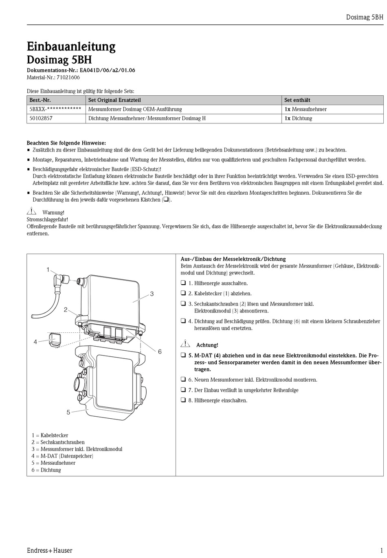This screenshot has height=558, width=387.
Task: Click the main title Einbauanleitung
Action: pos(71,46)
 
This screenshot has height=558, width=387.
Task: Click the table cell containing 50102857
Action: pos(41,119)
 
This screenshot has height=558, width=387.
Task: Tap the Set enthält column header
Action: pos(297,100)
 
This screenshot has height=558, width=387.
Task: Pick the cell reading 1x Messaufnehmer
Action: pos(305,109)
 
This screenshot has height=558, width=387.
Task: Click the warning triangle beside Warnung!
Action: pos(31,211)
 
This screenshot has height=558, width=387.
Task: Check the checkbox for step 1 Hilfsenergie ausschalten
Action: pos(183,283)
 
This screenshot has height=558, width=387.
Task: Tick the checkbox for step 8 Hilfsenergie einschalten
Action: pos(183,400)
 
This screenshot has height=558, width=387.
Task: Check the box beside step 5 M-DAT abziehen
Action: pos(183,355)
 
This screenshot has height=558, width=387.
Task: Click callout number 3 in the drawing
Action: pos(152,294)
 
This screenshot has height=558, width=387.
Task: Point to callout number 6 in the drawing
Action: pos(160,351)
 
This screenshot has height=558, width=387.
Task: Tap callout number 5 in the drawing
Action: pos(68,412)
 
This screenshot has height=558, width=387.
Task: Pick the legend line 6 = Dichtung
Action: pos(46,470)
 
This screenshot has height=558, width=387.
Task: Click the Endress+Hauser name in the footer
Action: pos(49,550)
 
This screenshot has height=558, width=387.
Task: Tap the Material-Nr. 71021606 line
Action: pos(53,77)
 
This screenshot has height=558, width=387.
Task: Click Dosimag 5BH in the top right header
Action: pos(364,17)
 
